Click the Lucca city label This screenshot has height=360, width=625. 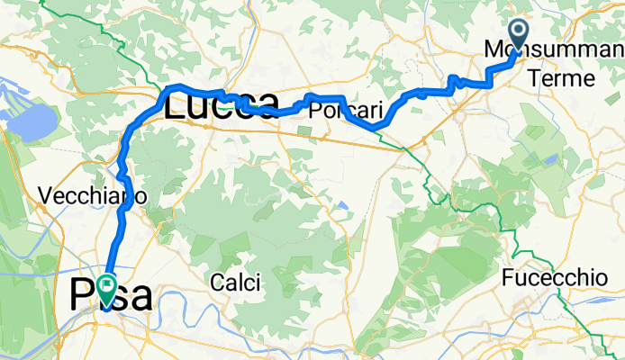pyautogui.click(x=221, y=105)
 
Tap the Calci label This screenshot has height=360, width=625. pyautogui.click(x=236, y=283)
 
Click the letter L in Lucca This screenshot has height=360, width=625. pyautogui.click(x=175, y=105)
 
